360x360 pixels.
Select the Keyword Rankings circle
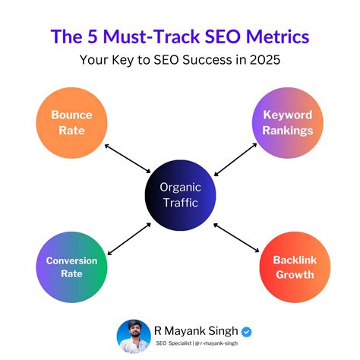coord(288,123)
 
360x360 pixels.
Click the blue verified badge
coord(246,331)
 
